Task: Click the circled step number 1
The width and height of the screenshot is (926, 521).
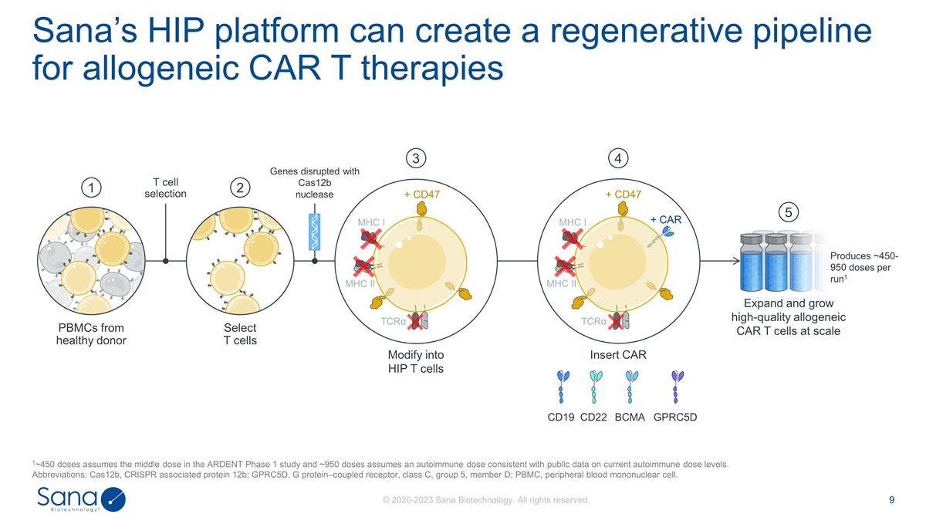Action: point(92,188)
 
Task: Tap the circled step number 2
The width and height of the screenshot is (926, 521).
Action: point(240,188)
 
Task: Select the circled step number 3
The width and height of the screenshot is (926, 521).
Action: point(416,158)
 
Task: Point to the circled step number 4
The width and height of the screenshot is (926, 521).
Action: point(618,158)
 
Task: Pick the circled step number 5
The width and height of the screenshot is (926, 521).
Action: point(787,211)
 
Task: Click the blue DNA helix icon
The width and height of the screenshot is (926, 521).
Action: point(315,231)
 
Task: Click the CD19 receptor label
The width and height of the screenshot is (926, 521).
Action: point(561,418)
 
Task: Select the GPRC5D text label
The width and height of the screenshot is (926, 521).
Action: point(675,418)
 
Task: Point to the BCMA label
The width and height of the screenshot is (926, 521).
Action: point(630,418)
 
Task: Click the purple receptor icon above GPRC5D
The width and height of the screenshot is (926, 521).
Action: point(677,387)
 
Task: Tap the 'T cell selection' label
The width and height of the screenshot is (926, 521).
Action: point(166,187)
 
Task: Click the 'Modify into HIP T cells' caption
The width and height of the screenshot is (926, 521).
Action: point(416,361)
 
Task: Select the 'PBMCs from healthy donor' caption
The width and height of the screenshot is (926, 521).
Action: point(91,334)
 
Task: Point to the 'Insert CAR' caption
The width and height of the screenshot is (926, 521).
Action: point(617,354)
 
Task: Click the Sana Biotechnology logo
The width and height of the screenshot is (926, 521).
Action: point(81,499)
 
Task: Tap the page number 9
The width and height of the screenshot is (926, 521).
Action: point(892,500)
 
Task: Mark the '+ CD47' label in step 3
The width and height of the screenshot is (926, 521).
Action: point(422,195)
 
